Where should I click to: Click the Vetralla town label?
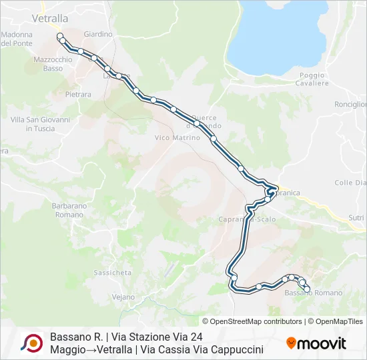pyautogui.click(x=50, y=19)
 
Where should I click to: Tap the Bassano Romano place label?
pyautogui.click(x=313, y=293)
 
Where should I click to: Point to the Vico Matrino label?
pyautogui.click(x=177, y=137)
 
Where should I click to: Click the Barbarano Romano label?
pyautogui.click(x=69, y=210)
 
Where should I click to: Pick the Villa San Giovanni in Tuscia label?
pyautogui.click(x=40, y=124)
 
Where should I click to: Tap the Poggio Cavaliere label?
pyautogui.click(x=314, y=79)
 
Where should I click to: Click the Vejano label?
pyautogui.click(x=123, y=297)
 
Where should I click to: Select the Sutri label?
pyautogui.click(x=357, y=218)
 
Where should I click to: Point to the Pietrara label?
pyautogui.click(x=78, y=95)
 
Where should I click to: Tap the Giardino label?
pyautogui.click(x=98, y=34)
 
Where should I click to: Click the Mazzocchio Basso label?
pyautogui.click(x=53, y=64)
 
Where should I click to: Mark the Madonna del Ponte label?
pyautogui.click(x=17, y=39)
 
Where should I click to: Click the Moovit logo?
pyautogui.click(x=316, y=343)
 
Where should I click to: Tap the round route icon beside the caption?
pyautogui.click(x=31, y=343)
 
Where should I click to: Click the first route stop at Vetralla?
pyautogui.click(x=60, y=36)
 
